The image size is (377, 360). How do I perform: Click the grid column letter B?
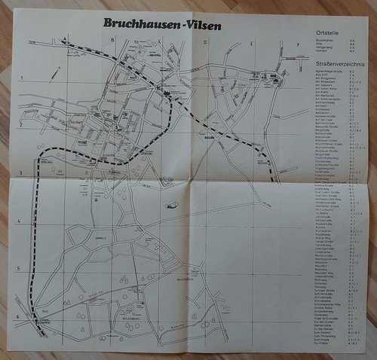112,40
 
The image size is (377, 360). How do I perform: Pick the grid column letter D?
205,43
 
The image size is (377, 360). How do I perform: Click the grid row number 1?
22,78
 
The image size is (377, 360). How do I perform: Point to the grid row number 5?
19,268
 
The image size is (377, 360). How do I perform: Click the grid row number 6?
18,316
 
